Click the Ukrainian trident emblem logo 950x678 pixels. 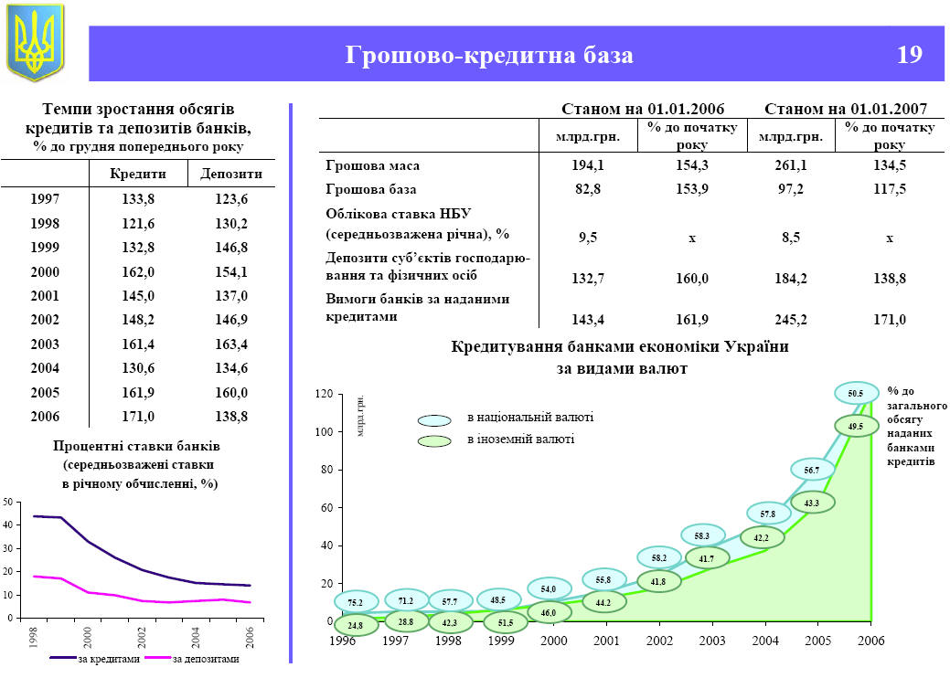[36, 42]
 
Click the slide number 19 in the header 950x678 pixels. [908, 55]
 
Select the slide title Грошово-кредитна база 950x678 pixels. [489, 55]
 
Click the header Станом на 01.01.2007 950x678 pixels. [846, 108]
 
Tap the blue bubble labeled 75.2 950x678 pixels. [355, 603]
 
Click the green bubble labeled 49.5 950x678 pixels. [855, 426]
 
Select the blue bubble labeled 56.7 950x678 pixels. [811, 470]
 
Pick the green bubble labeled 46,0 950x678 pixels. [549, 613]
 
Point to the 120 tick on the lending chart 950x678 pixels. [322, 394]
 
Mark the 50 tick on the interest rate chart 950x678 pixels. [7, 503]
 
